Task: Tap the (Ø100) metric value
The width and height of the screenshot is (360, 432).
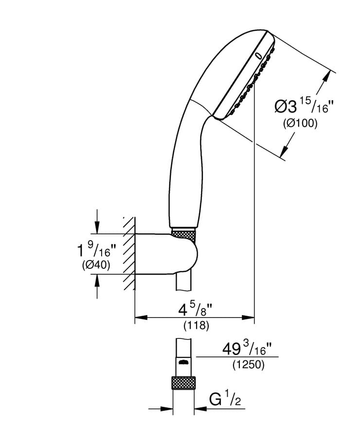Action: [x=300, y=124]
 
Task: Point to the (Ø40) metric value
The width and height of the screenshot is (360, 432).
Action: [x=95, y=265]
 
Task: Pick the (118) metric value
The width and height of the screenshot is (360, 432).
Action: [x=196, y=326]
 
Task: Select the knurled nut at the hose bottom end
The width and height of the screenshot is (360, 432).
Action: [x=184, y=382]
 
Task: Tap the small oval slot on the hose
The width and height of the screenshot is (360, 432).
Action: [x=183, y=362]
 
